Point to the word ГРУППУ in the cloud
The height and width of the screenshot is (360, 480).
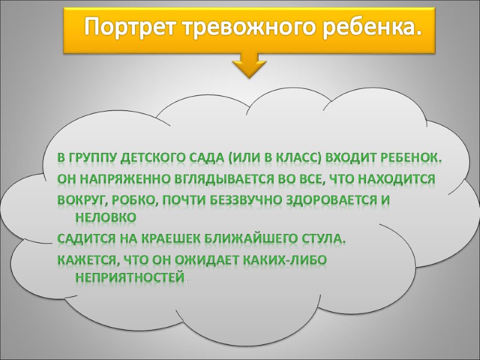(95, 159)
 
